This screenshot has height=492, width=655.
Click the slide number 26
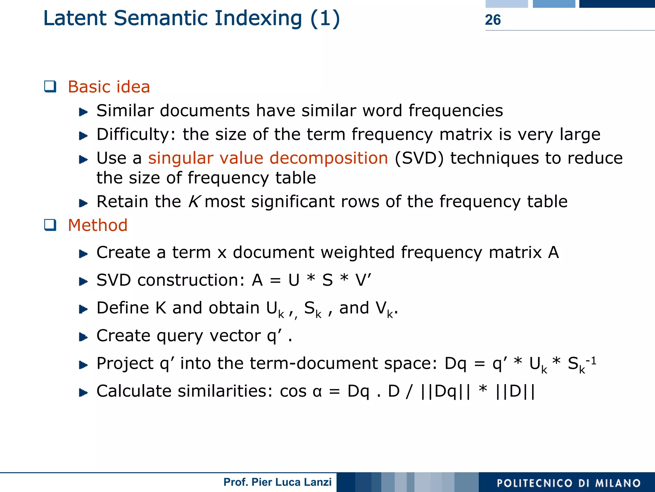coord(493,20)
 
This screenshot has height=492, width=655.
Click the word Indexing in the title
coord(258,18)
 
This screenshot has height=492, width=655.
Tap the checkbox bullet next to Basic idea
coord(50,87)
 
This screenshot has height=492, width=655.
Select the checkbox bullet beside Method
coord(50,225)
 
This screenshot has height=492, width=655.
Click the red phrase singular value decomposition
coord(268,158)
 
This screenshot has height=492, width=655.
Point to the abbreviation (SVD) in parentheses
coord(419,158)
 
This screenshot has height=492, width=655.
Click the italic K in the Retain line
coord(194,202)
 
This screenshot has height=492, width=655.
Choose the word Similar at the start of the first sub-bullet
coord(125,111)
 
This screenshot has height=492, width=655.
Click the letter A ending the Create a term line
coord(553,253)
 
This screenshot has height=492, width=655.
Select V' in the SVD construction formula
coord(363,280)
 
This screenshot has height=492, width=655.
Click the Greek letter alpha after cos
coord(317,391)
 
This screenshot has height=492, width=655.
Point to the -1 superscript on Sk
coord(591,361)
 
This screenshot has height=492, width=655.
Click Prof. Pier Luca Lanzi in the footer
coord(277,482)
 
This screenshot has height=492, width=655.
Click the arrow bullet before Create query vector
coord(83,337)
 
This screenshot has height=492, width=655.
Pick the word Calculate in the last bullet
coord(134,391)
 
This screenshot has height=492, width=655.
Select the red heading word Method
coord(98,225)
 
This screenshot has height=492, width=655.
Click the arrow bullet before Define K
coord(83,309)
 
